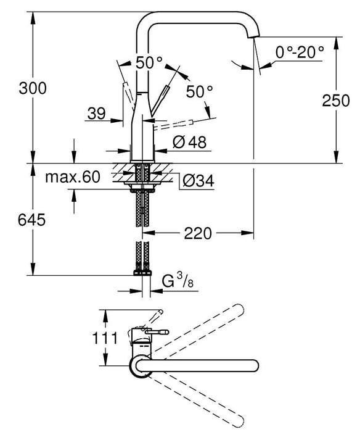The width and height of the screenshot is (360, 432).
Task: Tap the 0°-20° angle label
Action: pos(300,52)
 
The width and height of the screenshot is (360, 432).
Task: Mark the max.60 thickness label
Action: pos(72,178)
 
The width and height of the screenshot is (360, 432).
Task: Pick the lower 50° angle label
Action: pos(198,91)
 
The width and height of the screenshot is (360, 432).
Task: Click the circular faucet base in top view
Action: pos(139,366)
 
